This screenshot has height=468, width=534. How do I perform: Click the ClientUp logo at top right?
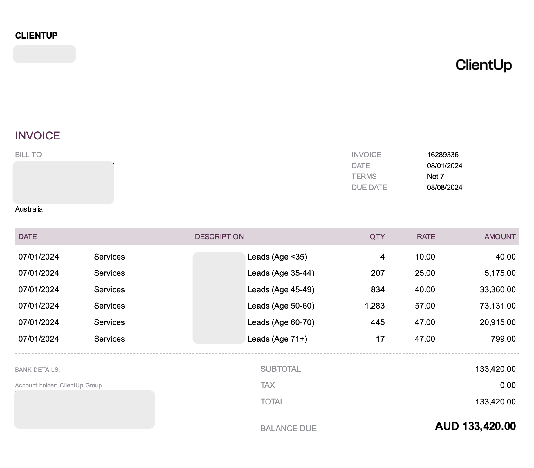(484, 65)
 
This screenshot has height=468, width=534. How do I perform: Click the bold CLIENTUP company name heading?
(36, 35)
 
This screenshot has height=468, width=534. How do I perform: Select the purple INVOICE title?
(38, 136)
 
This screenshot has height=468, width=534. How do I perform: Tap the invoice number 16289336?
(443, 155)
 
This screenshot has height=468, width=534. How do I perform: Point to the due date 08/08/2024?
(444, 187)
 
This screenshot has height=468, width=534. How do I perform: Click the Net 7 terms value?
(435, 176)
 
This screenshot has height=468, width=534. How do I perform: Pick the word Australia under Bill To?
(29, 209)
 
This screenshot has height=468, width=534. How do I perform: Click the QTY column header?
(377, 237)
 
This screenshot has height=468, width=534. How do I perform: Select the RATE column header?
(426, 237)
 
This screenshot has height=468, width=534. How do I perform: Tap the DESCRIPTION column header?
(219, 237)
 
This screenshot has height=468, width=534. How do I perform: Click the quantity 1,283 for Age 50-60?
(374, 306)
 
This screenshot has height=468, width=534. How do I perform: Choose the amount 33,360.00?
(497, 289)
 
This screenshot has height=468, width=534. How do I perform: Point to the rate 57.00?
(425, 306)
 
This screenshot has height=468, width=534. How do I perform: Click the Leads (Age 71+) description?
(277, 339)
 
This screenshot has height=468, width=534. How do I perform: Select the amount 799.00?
(503, 339)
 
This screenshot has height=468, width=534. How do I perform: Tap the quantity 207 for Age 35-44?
(378, 273)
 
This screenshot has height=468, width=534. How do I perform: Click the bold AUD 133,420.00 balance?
(475, 426)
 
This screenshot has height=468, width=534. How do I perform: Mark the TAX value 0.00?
(508, 385)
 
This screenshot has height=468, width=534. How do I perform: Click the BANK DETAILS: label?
(37, 370)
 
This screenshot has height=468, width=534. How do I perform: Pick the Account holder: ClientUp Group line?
(58, 385)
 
